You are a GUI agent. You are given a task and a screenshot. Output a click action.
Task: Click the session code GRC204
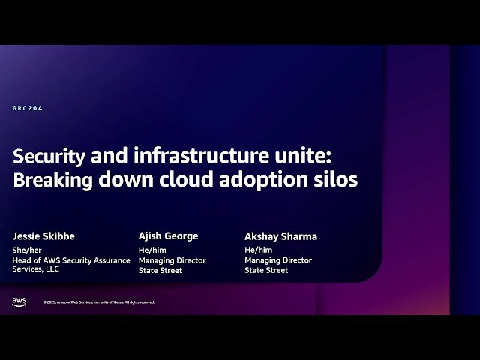[28, 108]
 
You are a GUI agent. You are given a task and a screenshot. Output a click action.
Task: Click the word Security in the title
[47, 157]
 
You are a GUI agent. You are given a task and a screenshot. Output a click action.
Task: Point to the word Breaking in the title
[50, 181]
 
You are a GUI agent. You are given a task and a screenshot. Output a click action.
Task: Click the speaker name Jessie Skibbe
[43, 236]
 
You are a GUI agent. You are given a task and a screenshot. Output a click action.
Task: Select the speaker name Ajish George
[169, 235]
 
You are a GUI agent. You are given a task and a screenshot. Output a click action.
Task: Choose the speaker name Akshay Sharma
[280, 236]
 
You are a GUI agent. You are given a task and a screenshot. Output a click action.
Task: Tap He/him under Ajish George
[151, 250]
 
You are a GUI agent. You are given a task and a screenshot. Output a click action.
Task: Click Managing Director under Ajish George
[172, 260]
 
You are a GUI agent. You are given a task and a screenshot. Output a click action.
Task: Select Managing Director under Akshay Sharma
[278, 260]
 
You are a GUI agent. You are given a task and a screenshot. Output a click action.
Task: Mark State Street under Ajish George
[160, 270]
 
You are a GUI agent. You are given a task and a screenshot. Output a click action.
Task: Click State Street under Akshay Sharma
[266, 270]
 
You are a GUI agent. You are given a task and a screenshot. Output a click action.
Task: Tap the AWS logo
[19, 301]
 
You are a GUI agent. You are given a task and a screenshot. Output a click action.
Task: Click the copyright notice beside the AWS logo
[99, 302]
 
